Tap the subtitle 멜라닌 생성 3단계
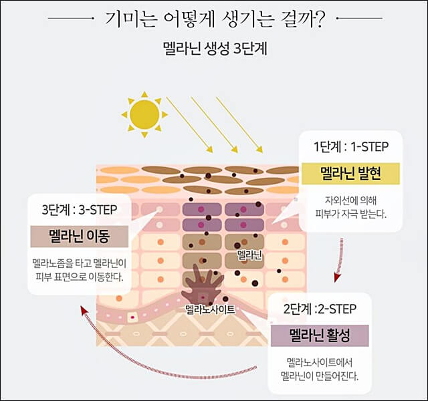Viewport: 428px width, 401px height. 215,49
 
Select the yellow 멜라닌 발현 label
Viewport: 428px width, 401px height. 350,173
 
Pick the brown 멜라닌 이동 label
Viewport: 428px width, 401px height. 79,236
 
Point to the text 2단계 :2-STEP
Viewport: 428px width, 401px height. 320,308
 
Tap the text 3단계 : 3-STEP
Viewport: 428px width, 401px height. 79,209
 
